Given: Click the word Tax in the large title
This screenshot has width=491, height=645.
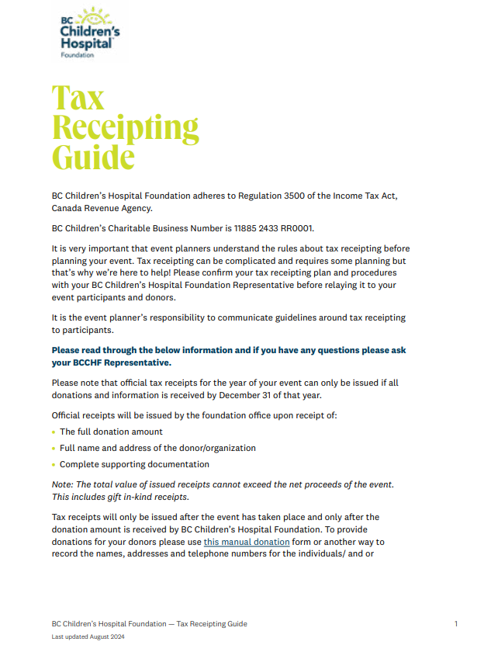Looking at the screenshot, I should click(x=78, y=98).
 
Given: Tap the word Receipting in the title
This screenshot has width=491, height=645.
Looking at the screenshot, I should click(x=126, y=127).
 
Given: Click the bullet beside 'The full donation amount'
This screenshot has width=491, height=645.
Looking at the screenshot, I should click(x=54, y=432).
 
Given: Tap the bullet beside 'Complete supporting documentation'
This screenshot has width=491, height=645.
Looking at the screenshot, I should click(x=54, y=465).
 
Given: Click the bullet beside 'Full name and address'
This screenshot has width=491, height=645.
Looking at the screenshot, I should click(x=54, y=449).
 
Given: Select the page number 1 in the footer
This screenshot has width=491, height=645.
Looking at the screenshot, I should click(x=456, y=623).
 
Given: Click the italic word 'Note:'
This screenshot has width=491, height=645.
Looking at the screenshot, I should click(x=64, y=484).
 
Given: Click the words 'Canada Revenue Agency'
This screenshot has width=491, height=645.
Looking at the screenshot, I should click(x=102, y=208).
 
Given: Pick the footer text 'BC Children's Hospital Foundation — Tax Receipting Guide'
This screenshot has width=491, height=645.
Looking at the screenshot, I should click(x=150, y=623).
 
